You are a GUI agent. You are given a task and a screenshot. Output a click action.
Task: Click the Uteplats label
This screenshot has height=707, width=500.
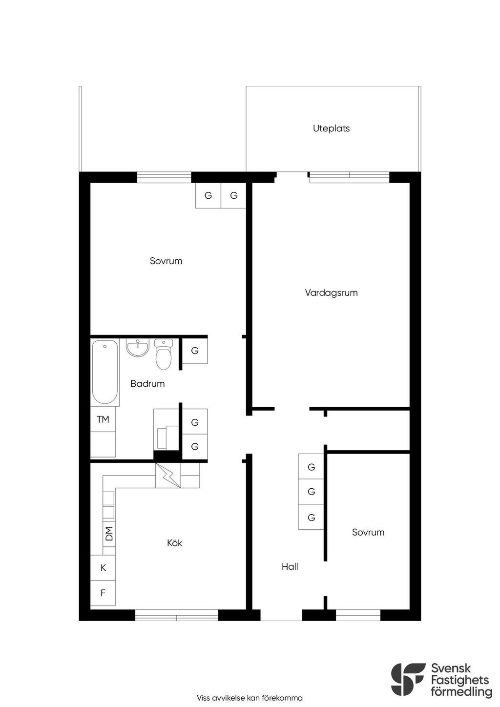click(331, 128)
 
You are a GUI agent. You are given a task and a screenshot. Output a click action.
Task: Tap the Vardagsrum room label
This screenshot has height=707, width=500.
click(331, 292)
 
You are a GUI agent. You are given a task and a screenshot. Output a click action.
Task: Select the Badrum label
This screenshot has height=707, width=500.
click(147, 383)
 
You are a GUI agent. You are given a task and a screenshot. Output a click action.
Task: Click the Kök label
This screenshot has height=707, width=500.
click(174, 543)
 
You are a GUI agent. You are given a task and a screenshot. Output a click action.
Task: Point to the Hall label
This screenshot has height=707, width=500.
click(290, 566)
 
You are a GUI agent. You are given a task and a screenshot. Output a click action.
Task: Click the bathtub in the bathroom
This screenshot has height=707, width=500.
click(105, 373)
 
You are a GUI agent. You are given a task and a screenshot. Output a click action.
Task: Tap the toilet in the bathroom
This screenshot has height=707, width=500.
click(164, 354)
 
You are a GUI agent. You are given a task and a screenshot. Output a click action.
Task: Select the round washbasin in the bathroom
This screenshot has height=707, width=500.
click(137, 348)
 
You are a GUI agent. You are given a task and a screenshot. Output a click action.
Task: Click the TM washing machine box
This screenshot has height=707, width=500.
click(103, 419)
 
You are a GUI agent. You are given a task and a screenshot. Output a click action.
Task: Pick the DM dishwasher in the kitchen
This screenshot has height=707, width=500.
click(109, 534)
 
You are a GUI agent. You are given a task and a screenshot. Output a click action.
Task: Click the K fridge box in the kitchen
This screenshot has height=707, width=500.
click(103, 568)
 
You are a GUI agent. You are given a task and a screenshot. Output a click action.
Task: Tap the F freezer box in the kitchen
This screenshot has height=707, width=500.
click(103, 593)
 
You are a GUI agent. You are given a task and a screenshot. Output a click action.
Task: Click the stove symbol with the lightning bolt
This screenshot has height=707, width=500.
click(168, 475)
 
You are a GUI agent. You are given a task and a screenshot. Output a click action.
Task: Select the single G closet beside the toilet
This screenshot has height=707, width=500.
click(195, 351)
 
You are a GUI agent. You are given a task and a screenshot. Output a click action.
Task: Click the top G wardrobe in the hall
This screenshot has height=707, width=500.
click(311, 467)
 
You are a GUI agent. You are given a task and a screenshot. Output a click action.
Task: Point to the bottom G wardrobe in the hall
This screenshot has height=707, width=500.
click(311, 517)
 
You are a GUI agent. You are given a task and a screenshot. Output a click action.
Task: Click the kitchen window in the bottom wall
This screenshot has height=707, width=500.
click(177, 615)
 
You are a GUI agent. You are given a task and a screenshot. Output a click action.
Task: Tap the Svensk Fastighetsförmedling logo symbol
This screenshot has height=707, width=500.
click(408, 679)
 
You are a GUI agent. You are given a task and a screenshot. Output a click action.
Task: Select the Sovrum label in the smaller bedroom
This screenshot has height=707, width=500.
click(368, 532)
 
